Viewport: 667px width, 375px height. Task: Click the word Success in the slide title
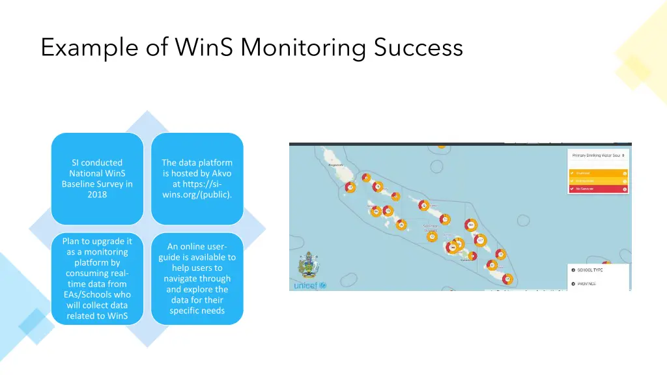[x=418, y=48]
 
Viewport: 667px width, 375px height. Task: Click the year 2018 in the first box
[x=97, y=194]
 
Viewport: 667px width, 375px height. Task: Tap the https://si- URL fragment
[x=197, y=184]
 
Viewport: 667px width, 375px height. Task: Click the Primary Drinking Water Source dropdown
[x=598, y=156]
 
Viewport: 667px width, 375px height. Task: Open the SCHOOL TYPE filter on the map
[x=589, y=270]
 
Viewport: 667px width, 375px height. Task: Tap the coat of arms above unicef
[x=305, y=265]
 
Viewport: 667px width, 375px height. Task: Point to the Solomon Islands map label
[x=431, y=229]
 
